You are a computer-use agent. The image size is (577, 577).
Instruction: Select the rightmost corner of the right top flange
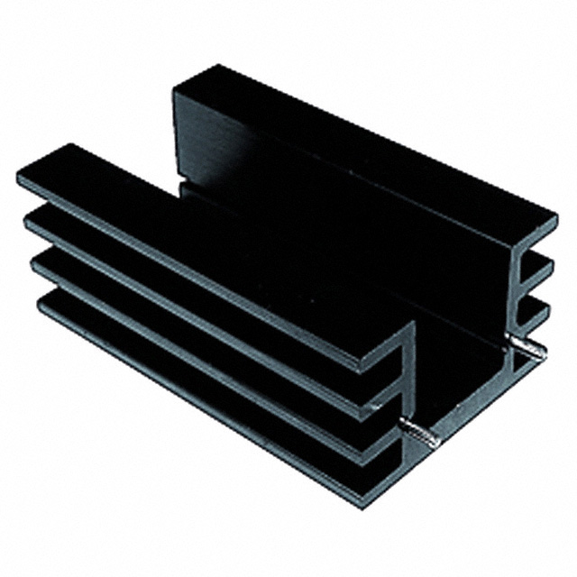(x=555, y=219)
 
